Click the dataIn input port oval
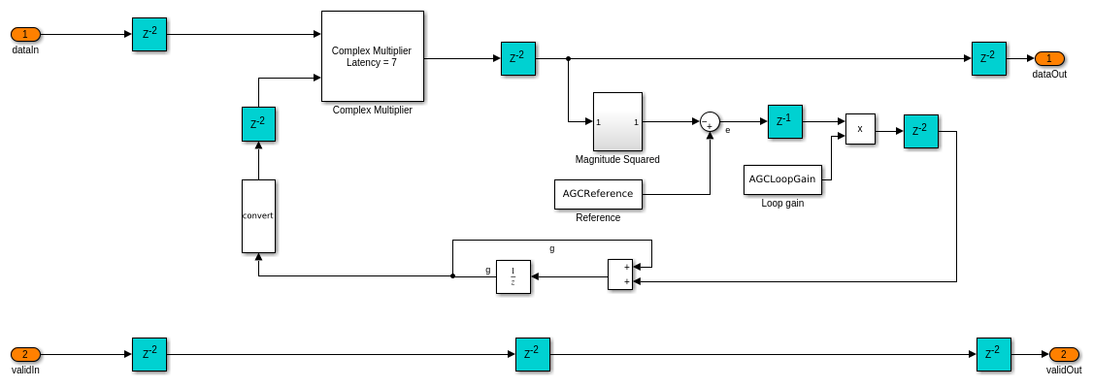click(x=25, y=34)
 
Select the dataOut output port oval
click(x=1049, y=58)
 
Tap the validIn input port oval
click(x=25, y=354)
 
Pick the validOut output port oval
click(x=1064, y=354)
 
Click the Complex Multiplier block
click(x=372, y=56)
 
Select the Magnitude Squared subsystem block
click(x=617, y=121)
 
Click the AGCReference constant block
click(x=598, y=194)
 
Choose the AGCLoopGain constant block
click(x=782, y=179)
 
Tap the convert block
click(x=258, y=216)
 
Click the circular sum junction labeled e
click(x=710, y=121)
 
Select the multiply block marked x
click(x=860, y=129)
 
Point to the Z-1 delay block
click(x=784, y=121)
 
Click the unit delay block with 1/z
click(x=513, y=276)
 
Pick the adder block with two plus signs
click(x=620, y=275)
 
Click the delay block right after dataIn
click(x=149, y=34)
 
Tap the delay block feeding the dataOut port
click(x=989, y=58)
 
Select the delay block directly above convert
click(x=258, y=124)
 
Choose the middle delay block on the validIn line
click(x=533, y=354)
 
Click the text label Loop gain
click(x=782, y=203)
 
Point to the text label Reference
click(x=598, y=217)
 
